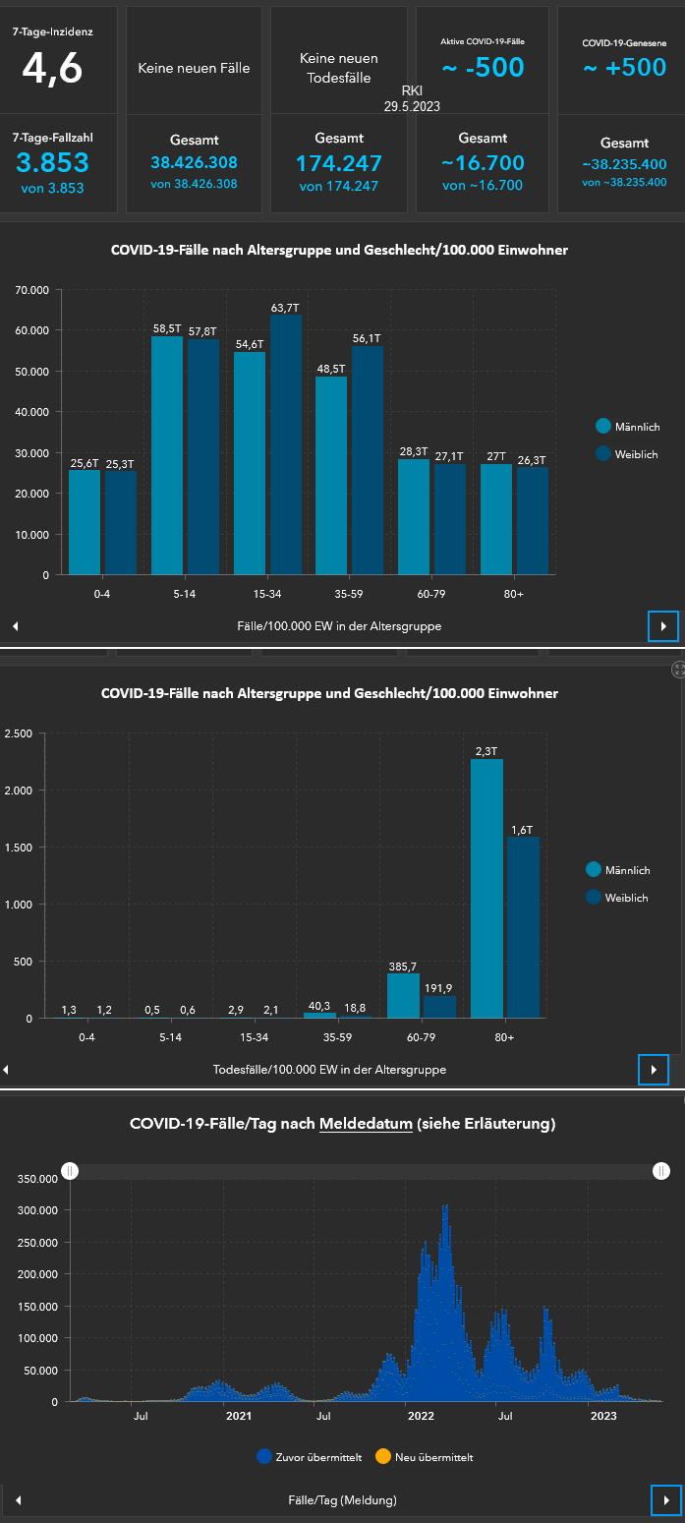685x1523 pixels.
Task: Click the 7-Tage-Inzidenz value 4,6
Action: point(53,68)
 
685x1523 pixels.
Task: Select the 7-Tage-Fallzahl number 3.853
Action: point(53,163)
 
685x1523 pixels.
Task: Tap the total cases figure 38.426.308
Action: point(194,162)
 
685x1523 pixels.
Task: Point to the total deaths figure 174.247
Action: point(338,163)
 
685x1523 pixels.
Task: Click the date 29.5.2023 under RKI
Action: point(412,105)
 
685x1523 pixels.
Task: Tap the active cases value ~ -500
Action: point(483,67)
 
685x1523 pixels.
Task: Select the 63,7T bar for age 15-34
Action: point(286,442)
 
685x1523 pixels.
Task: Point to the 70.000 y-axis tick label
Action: point(31,291)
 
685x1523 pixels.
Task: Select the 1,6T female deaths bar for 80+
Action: point(523,926)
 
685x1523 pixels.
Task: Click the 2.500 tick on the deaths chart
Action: point(19,733)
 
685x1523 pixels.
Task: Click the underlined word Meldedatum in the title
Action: point(366,1124)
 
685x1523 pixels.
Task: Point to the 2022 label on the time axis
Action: point(421,1416)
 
